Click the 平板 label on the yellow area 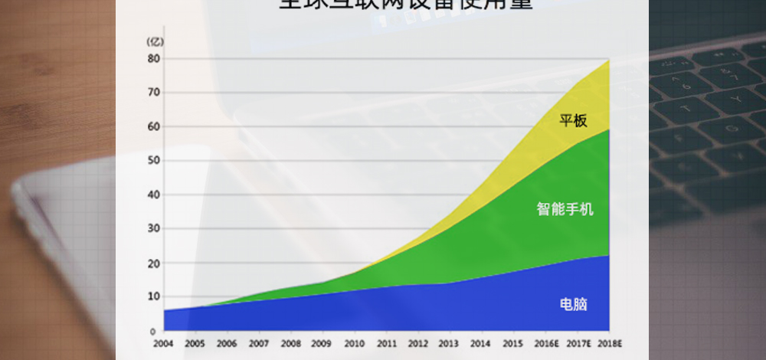click(x=573, y=120)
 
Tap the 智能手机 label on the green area click(x=565, y=208)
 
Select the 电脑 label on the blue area click(x=574, y=304)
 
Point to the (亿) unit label click(x=155, y=41)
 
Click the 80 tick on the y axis click(x=154, y=58)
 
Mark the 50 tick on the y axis click(x=154, y=161)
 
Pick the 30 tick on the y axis click(x=154, y=229)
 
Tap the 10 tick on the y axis click(x=154, y=296)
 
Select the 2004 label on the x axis click(x=163, y=344)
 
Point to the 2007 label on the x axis click(x=259, y=344)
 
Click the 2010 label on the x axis click(x=354, y=344)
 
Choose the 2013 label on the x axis click(x=449, y=344)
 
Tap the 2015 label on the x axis click(x=512, y=344)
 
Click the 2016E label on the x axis click(x=546, y=344)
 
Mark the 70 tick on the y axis click(x=154, y=93)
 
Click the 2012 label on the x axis click(x=417, y=344)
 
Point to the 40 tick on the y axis click(x=154, y=195)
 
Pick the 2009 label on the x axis click(x=322, y=344)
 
